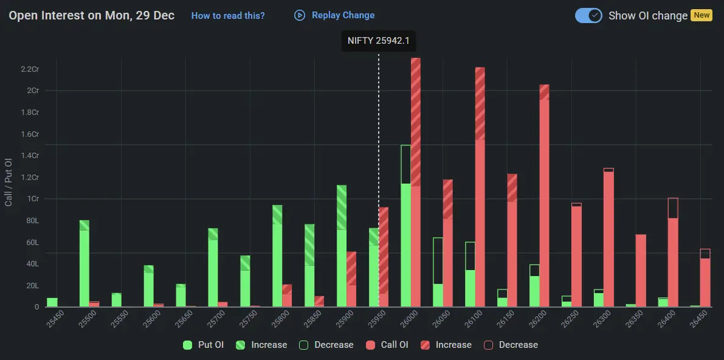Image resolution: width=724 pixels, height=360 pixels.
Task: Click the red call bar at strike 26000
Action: [416, 182]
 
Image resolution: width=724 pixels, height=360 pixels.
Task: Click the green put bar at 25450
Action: [52, 302]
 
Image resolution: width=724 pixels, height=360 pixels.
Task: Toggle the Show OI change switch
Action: [588, 16]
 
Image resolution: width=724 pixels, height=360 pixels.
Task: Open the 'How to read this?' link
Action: [228, 16]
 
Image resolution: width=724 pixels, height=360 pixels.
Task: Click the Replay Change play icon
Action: [300, 15]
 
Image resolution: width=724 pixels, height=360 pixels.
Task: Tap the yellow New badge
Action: [702, 15]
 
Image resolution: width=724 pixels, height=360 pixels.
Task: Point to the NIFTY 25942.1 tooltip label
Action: [379, 41]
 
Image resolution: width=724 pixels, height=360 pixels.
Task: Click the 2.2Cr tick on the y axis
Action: [30, 69]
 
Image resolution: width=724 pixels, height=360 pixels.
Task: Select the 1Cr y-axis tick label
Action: [32, 199]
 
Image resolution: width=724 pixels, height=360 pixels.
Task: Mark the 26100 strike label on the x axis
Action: [476, 319]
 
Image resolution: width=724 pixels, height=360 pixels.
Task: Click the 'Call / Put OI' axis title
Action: [9, 182]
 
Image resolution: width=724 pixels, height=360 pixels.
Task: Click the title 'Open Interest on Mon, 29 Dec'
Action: [91, 15]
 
